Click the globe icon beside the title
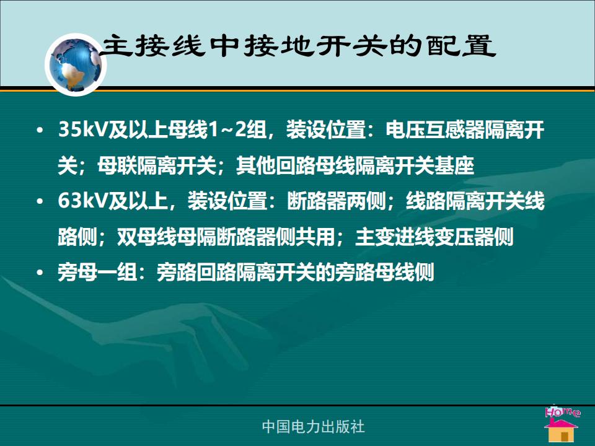pyautogui.click(x=76, y=64)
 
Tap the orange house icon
pyautogui.click(x=562, y=431)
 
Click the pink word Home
pyautogui.click(x=563, y=412)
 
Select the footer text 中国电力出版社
pyautogui.click(x=313, y=427)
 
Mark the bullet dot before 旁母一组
pyautogui.click(x=40, y=273)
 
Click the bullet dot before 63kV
pyautogui.click(x=40, y=201)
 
